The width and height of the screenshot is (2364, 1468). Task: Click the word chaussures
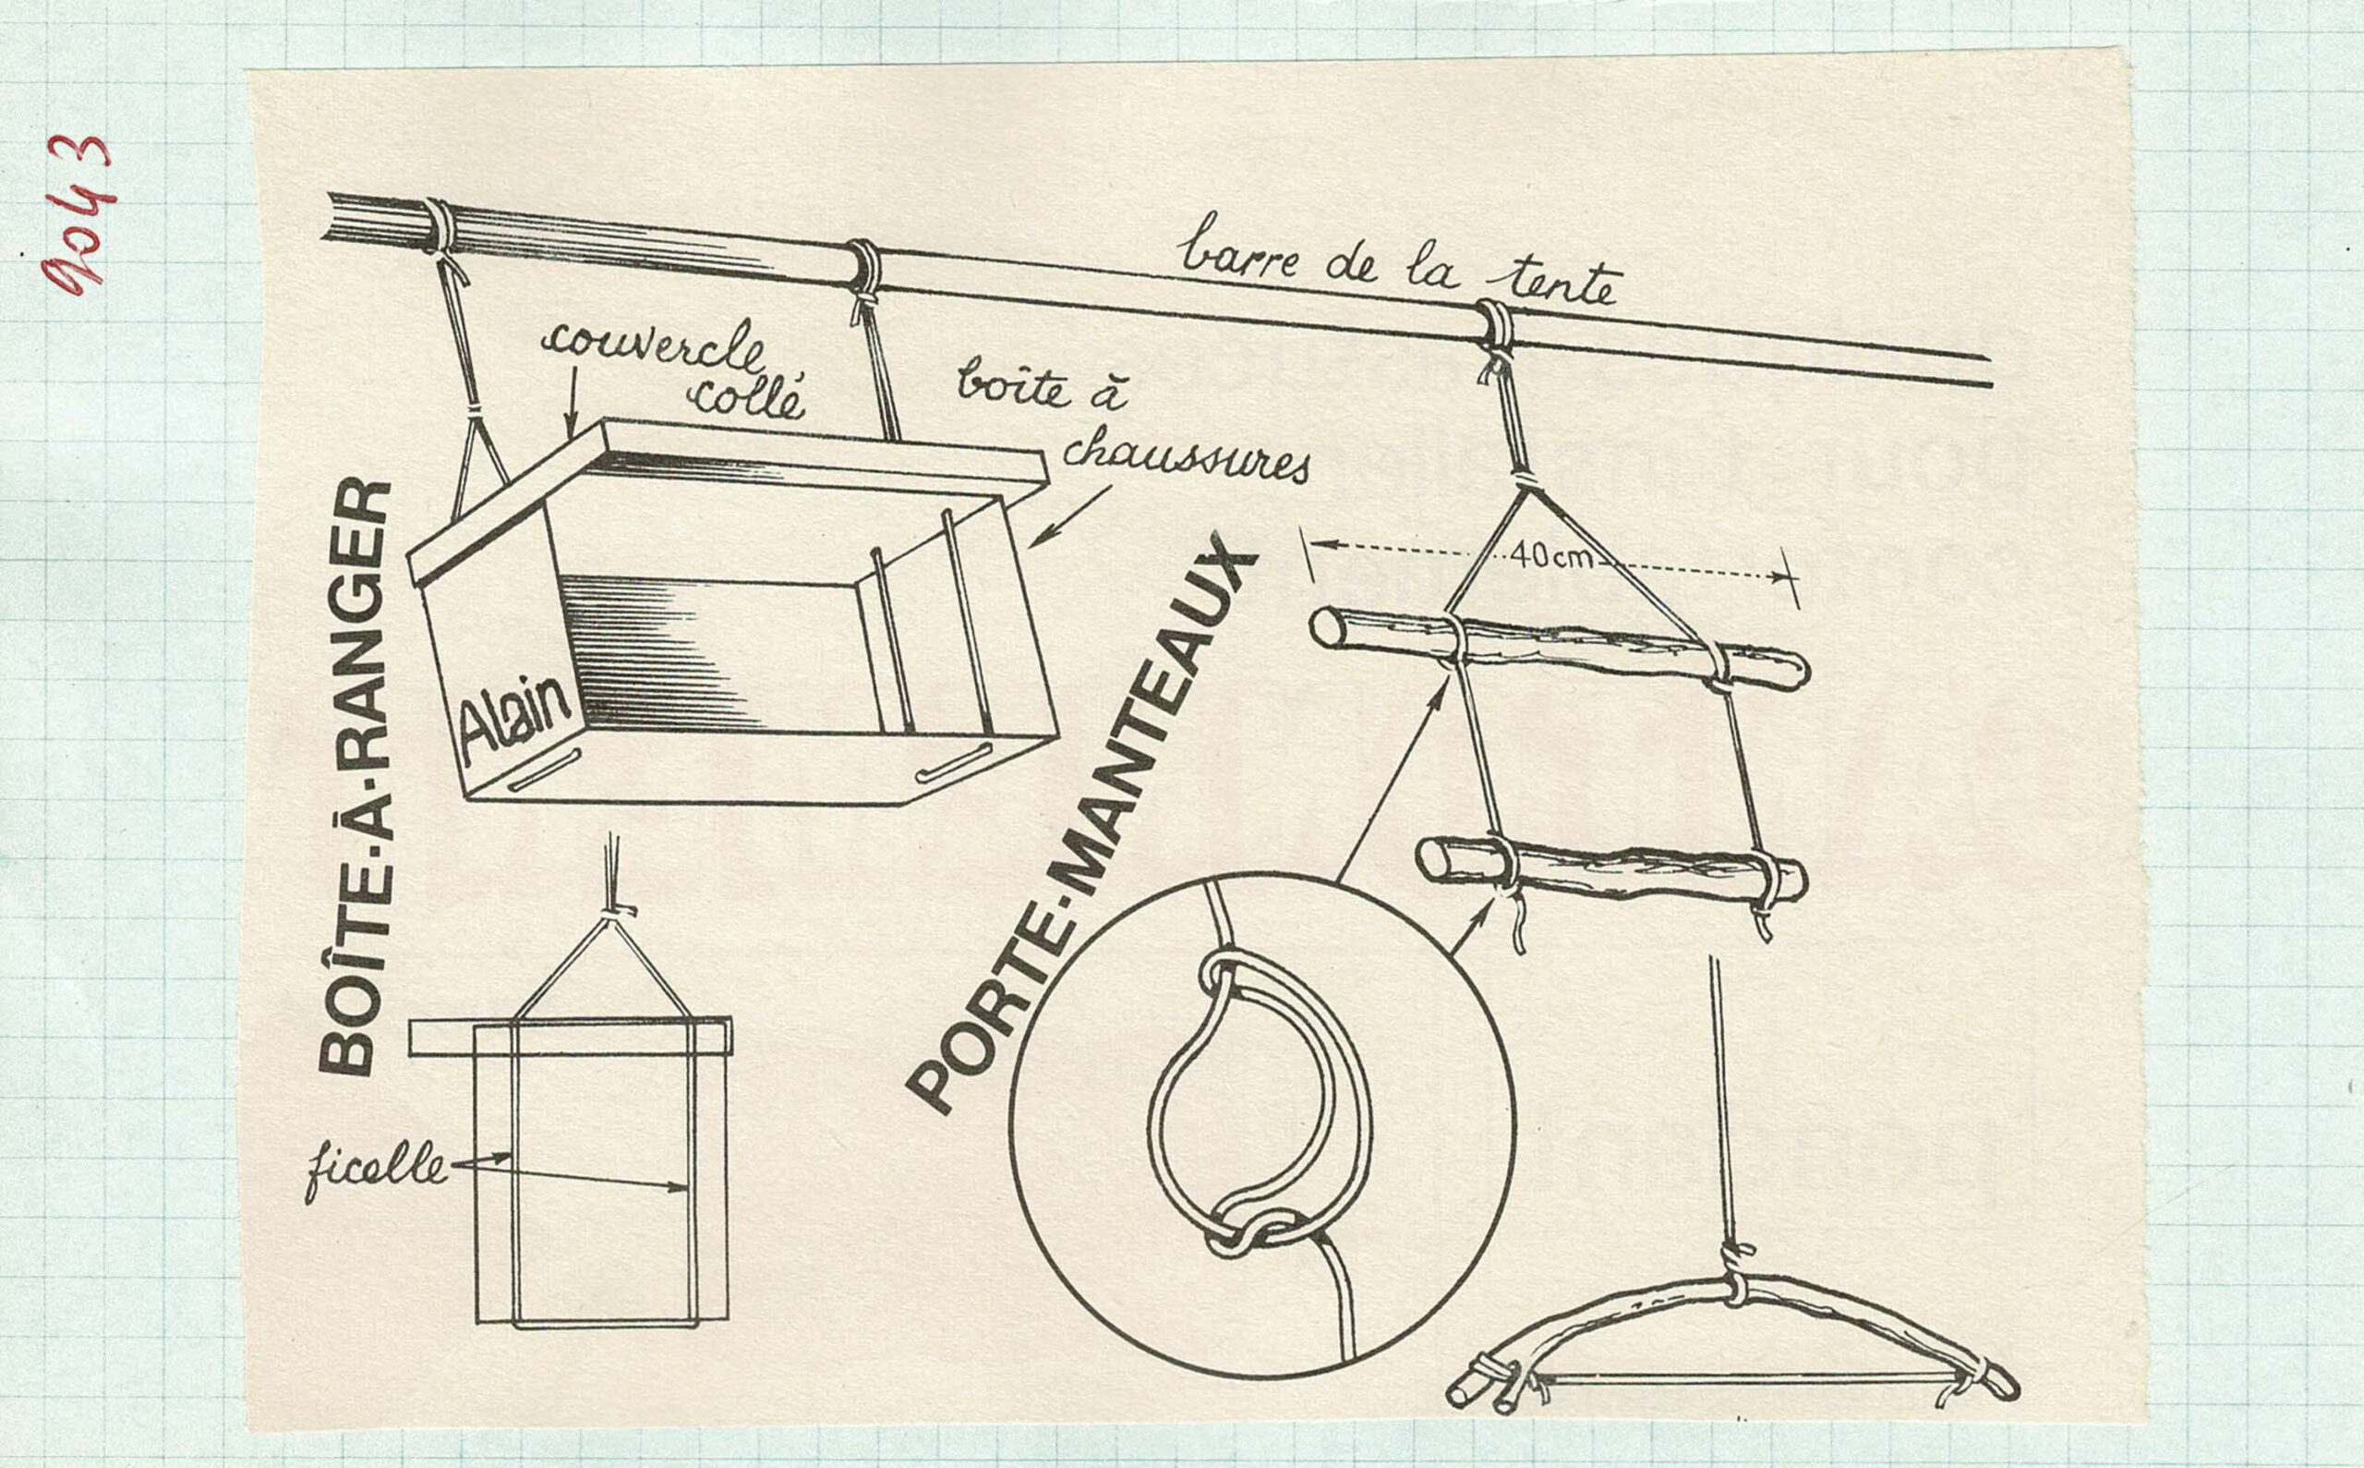pos(1186,458)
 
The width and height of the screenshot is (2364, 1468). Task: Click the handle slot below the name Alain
pos(545,769)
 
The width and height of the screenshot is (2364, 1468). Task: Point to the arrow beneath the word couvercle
pos(573,402)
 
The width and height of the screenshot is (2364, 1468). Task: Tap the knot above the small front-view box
pos(613,913)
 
